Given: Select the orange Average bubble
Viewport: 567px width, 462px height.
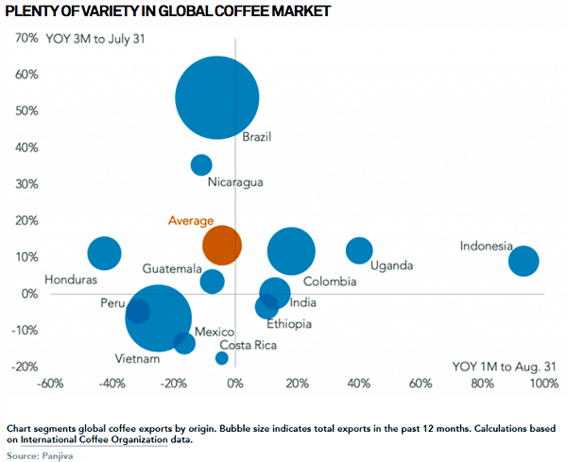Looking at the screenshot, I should click(x=222, y=244).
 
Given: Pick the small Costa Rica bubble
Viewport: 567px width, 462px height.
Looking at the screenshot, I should click(x=222, y=358).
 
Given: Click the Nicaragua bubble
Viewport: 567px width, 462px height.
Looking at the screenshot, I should click(x=201, y=164).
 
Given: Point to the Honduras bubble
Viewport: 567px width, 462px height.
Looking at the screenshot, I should click(x=105, y=253).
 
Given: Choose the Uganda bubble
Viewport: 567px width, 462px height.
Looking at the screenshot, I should click(x=359, y=250).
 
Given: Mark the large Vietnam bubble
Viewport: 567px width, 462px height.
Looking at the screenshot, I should click(x=159, y=317).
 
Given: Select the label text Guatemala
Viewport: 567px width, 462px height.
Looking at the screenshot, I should click(x=172, y=269).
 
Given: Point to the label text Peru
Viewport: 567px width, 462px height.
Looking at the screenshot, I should click(x=112, y=303).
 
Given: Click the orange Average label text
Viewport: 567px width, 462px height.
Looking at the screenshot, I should click(x=191, y=220).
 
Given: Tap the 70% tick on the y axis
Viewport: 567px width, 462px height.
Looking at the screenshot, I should click(x=25, y=39).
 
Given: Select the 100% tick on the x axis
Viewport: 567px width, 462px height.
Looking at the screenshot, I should click(x=543, y=384).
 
